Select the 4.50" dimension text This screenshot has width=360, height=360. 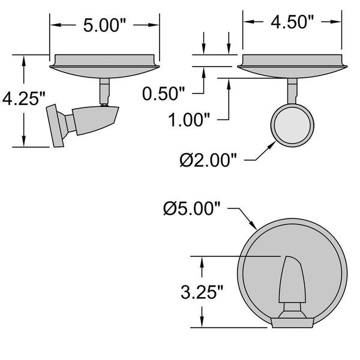[292, 22]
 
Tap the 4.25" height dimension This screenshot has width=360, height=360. [23, 99]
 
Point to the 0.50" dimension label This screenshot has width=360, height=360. [163, 94]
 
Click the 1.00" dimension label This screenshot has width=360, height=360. [189, 120]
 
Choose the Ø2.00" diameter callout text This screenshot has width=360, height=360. [208, 160]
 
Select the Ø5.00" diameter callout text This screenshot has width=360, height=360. [192, 209]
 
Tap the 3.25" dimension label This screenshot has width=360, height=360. [202, 292]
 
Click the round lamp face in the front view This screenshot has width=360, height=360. [292, 125]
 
